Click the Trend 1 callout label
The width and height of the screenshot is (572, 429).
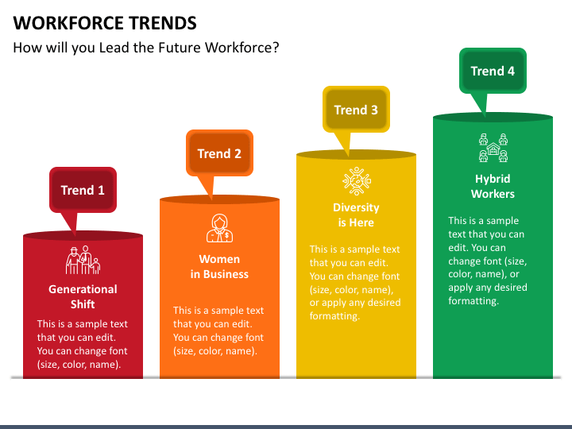pyautogui.click(x=83, y=190)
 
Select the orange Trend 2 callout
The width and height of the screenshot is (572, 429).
pyautogui.click(x=219, y=153)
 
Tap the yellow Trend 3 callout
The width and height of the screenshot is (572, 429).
pyautogui.click(x=356, y=110)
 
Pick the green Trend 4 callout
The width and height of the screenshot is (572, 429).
pyautogui.click(x=493, y=71)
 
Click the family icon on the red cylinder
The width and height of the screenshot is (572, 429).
pyautogui.click(x=83, y=260)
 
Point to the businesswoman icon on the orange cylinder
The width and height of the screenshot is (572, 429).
pyautogui.click(x=219, y=228)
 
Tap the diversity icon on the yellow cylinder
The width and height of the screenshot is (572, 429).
pyautogui.click(x=356, y=180)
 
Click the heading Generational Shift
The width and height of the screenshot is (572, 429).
pyautogui.click(x=83, y=296)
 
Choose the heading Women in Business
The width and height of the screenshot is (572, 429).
pyautogui.click(x=219, y=266)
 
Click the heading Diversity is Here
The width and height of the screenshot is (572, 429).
pyautogui.click(x=356, y=214)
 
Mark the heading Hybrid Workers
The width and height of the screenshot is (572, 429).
pyautogui.click(x=493, y=186)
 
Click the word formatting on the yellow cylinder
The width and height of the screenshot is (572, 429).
pyautogui.click(x=334, y=316)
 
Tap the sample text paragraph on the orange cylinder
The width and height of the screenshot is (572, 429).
pyautogui.click(x=219, y=330)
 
